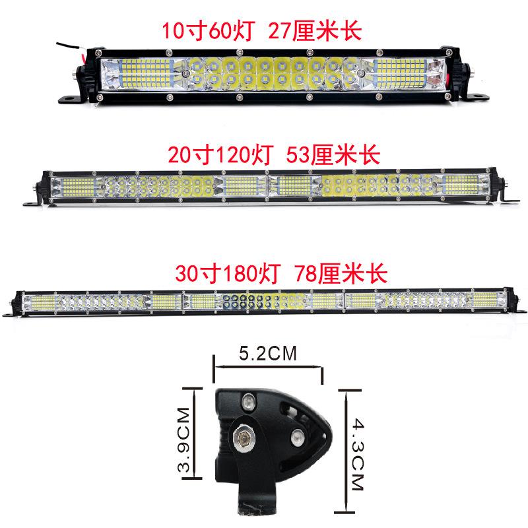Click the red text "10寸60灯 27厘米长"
(263, 30)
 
